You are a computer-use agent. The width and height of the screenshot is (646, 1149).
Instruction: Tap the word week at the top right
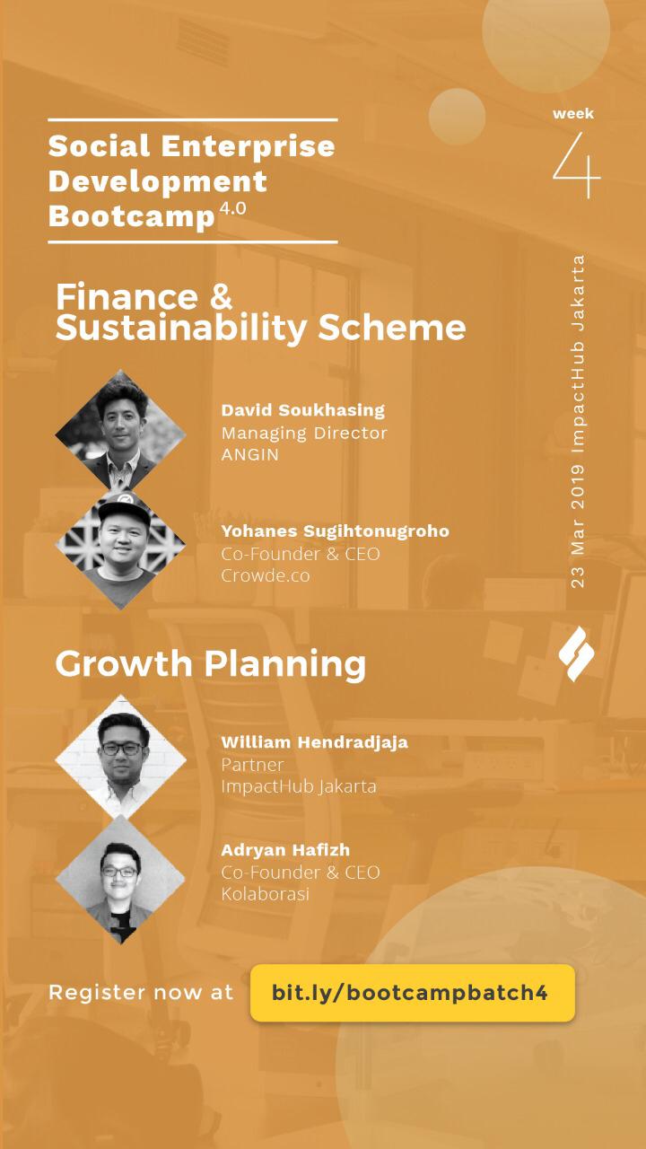pyautogui.click(x=573, y=113)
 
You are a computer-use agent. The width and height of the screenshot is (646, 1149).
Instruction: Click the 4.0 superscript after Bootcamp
pyautogui.click(x=232, y=208)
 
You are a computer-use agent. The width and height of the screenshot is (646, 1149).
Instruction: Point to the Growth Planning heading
pyautogui.click(x=211, y=664)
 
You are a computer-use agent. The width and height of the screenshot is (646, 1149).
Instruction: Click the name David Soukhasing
pyautogui.click(x=303, y=410)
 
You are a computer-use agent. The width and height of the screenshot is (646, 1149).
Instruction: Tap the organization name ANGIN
pyautogui.click(x=250, y=454)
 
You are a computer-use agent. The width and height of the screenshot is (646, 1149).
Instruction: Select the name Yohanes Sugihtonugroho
pyautogui.click(x=336, y=531)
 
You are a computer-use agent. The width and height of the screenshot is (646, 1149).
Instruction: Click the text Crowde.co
pyautogui.click(x=266, y=575)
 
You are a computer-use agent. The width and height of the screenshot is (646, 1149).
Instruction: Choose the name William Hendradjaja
pyautogui.click(x=315, y=742)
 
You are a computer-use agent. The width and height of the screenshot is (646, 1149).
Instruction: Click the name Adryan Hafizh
pyautogui.click(x=285, y=850)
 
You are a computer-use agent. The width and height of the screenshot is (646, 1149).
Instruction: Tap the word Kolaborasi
pyautogui.click(x=265, y=894)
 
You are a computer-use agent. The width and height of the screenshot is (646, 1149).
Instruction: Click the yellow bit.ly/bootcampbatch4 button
pyautogui.click(x=413, y=993)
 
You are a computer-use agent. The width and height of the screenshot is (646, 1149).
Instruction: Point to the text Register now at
pyautogui.click(x=141, y=993)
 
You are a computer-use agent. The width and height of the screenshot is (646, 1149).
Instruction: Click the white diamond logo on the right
pyautogui.click(x=577, y=653)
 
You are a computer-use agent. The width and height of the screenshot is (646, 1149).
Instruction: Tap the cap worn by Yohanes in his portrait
pyautogui.click(x=124, y=507)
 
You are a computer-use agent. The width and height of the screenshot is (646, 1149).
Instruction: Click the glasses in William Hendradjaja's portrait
pyautogui.click(x=121, y=749)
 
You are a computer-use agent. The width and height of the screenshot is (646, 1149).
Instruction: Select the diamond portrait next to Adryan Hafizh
pyautogui.click(x=121, y=879)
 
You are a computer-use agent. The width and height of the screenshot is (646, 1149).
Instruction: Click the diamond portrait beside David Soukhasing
pyautogui.click(x=121, y=431)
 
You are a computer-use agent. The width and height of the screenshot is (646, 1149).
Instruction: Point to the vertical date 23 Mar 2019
pyautogui.click(x=578, y=526)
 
